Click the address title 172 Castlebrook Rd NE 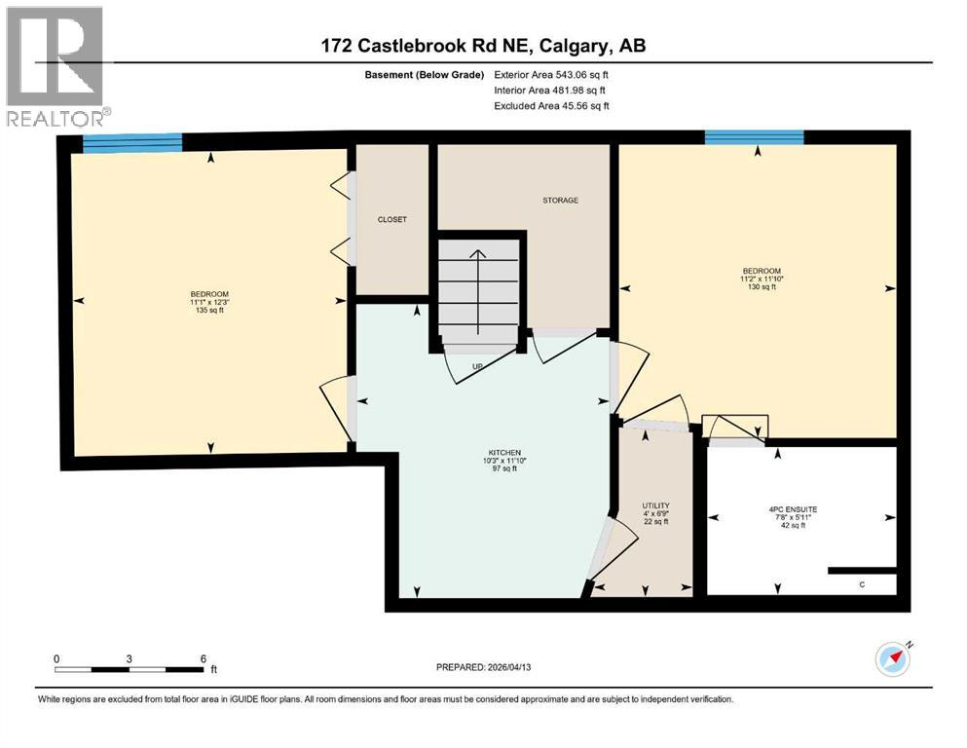483,46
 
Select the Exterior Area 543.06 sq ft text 556,74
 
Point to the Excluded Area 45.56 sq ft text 551,106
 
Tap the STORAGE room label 560,201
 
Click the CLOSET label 391,219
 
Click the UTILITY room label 655,513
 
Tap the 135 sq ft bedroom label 209,302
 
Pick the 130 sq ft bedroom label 762,279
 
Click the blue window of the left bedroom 132,142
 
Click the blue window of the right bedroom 754,137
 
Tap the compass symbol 892,658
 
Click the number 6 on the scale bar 203,658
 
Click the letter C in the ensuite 862,583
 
